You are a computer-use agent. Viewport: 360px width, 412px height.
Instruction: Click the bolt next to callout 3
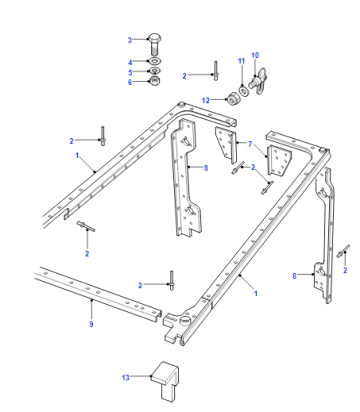154,44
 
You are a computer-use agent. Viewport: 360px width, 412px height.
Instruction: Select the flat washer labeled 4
155,61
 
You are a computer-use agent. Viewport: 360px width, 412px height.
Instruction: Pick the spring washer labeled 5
154,71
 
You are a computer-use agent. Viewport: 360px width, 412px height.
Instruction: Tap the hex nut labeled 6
154,81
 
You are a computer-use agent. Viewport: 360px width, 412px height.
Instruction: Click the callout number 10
255,55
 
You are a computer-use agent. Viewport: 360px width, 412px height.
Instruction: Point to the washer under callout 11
243,90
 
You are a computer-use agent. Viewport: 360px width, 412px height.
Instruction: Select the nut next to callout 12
232,99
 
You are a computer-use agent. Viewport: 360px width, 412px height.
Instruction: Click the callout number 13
125,378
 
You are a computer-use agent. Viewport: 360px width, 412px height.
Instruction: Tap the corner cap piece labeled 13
165,380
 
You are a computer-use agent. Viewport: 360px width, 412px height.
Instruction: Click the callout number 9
91,324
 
